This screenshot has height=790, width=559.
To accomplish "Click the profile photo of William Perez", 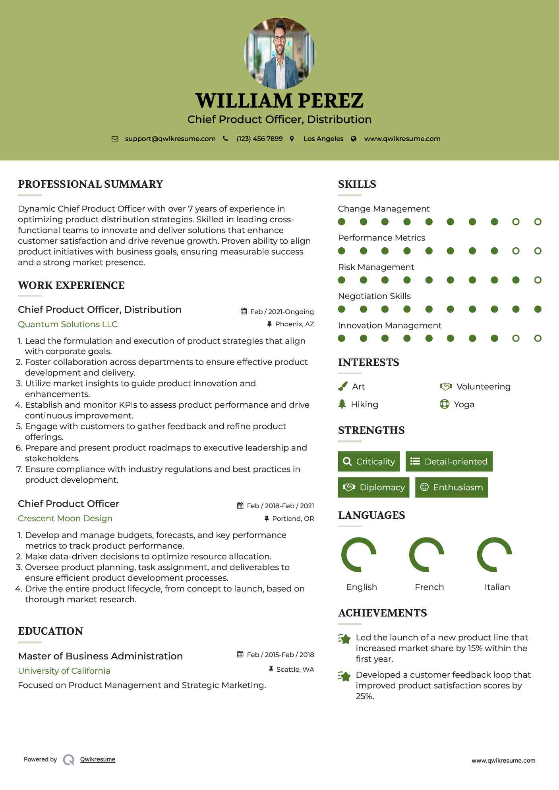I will coord(279,53).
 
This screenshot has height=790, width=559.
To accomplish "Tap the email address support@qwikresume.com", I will coord(170,139).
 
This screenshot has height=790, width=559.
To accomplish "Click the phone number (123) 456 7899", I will coord(259,139).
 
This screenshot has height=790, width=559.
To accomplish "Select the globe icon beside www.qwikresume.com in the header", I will coord(354,139).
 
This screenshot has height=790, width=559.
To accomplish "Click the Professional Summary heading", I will coord(91,184).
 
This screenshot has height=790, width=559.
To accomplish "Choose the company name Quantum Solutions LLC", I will coord(68,324).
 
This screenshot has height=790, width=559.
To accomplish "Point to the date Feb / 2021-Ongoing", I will coord(282,312).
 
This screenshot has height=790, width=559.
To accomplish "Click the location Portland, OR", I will coord(293,518).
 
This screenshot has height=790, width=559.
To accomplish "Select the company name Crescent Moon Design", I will coord(65,518).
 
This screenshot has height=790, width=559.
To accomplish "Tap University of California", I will coord(64,671).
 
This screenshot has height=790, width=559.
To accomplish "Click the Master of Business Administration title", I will coord(100,656).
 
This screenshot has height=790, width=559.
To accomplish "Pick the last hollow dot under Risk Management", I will coord(538,280).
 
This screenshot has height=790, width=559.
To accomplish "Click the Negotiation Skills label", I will coord(374,296).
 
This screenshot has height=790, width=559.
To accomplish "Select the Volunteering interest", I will coord(483,387).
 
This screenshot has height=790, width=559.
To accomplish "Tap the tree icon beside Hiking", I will coord(342,404).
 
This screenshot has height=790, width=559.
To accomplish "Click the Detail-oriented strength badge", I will coord(449,461).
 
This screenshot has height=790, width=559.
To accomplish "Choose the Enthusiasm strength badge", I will coord(451,487).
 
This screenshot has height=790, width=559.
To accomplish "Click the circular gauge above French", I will coord(426,555).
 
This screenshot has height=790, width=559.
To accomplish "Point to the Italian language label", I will coord(497,587).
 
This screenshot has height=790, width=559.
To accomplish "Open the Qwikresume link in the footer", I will coord(98,759).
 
